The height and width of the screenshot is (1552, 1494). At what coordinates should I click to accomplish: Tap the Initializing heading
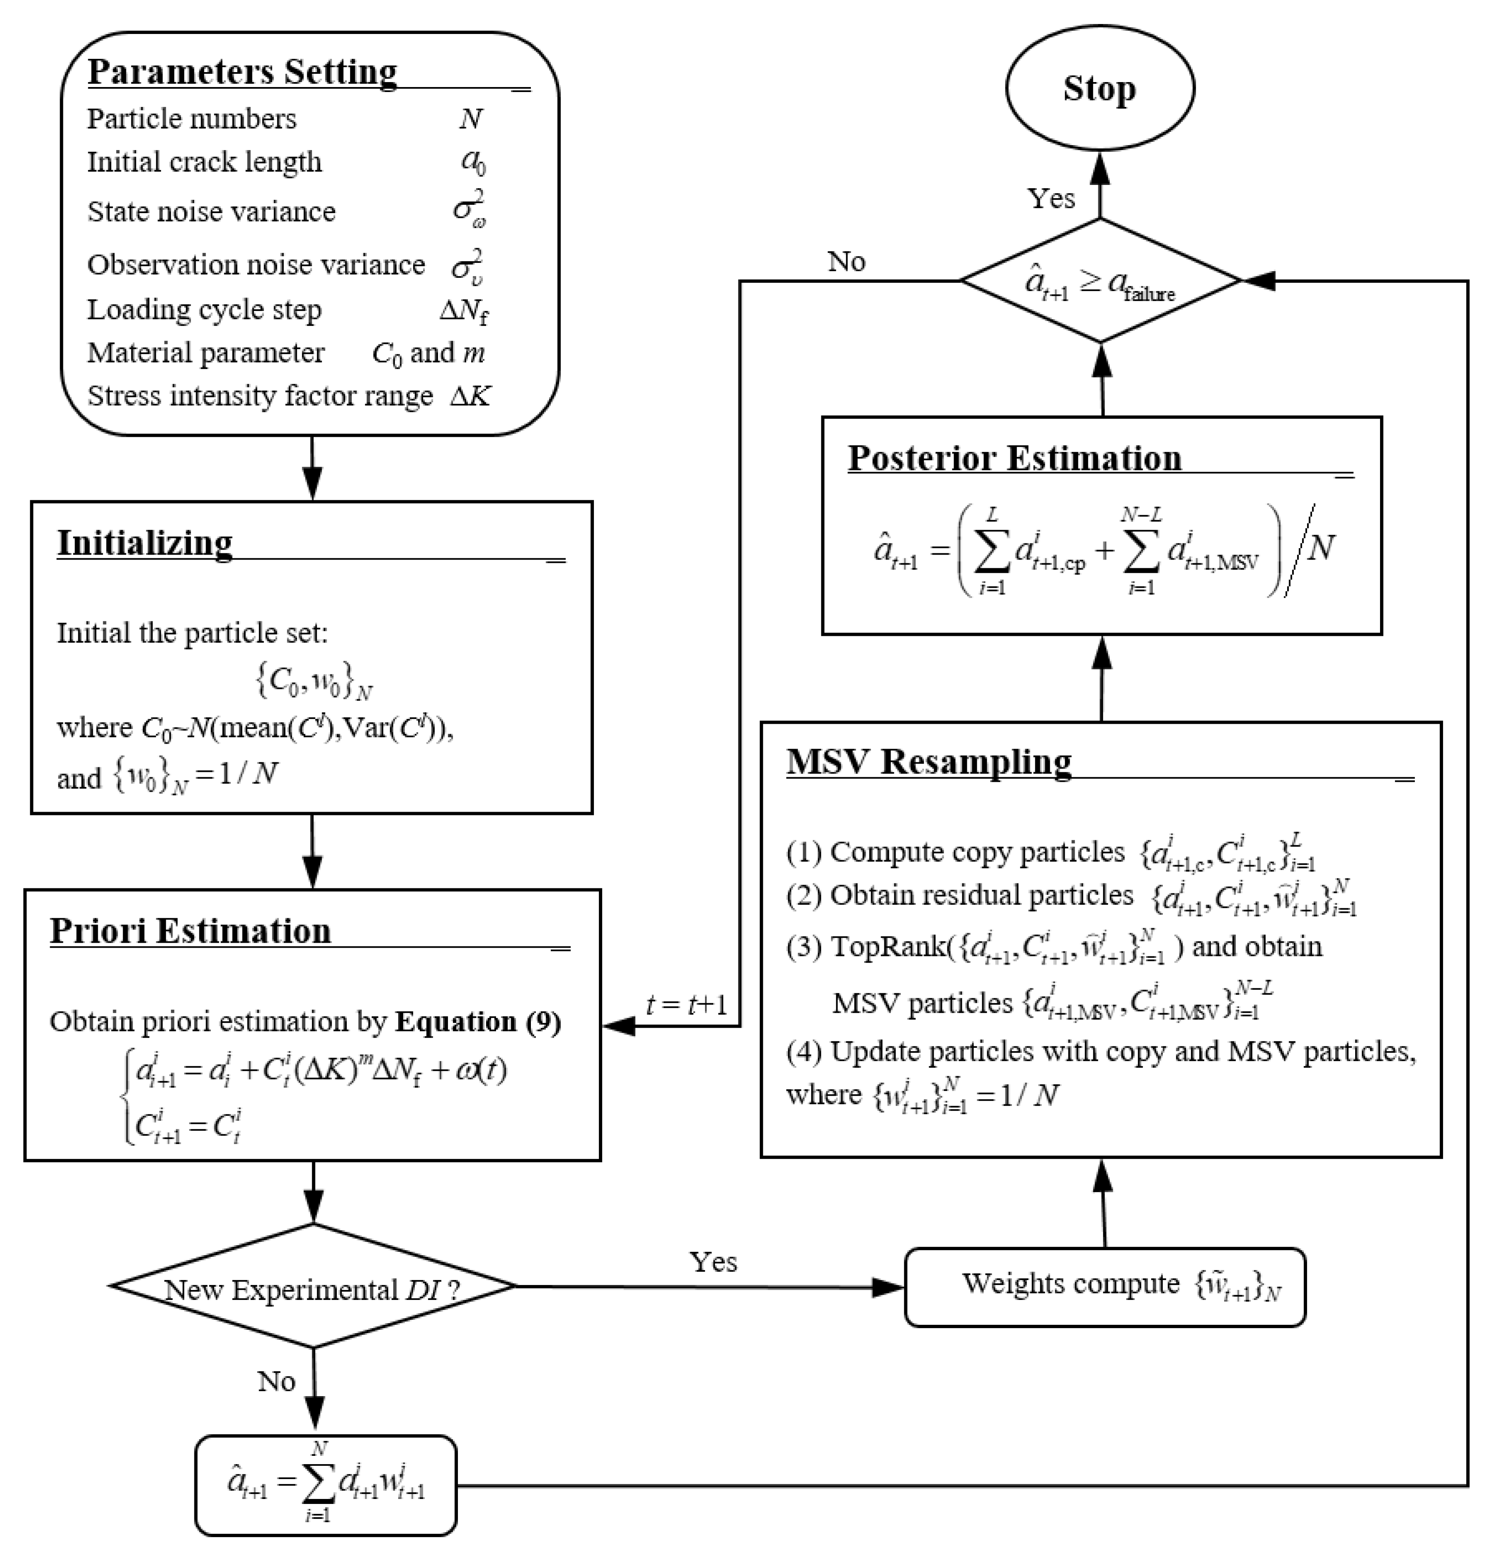145,543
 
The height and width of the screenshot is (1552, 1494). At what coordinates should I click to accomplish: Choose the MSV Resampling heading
929,762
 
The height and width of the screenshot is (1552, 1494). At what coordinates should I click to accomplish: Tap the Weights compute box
1104,1287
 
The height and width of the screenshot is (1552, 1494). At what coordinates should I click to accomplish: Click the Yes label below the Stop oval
1051,198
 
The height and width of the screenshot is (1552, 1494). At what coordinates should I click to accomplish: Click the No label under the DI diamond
276,1382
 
